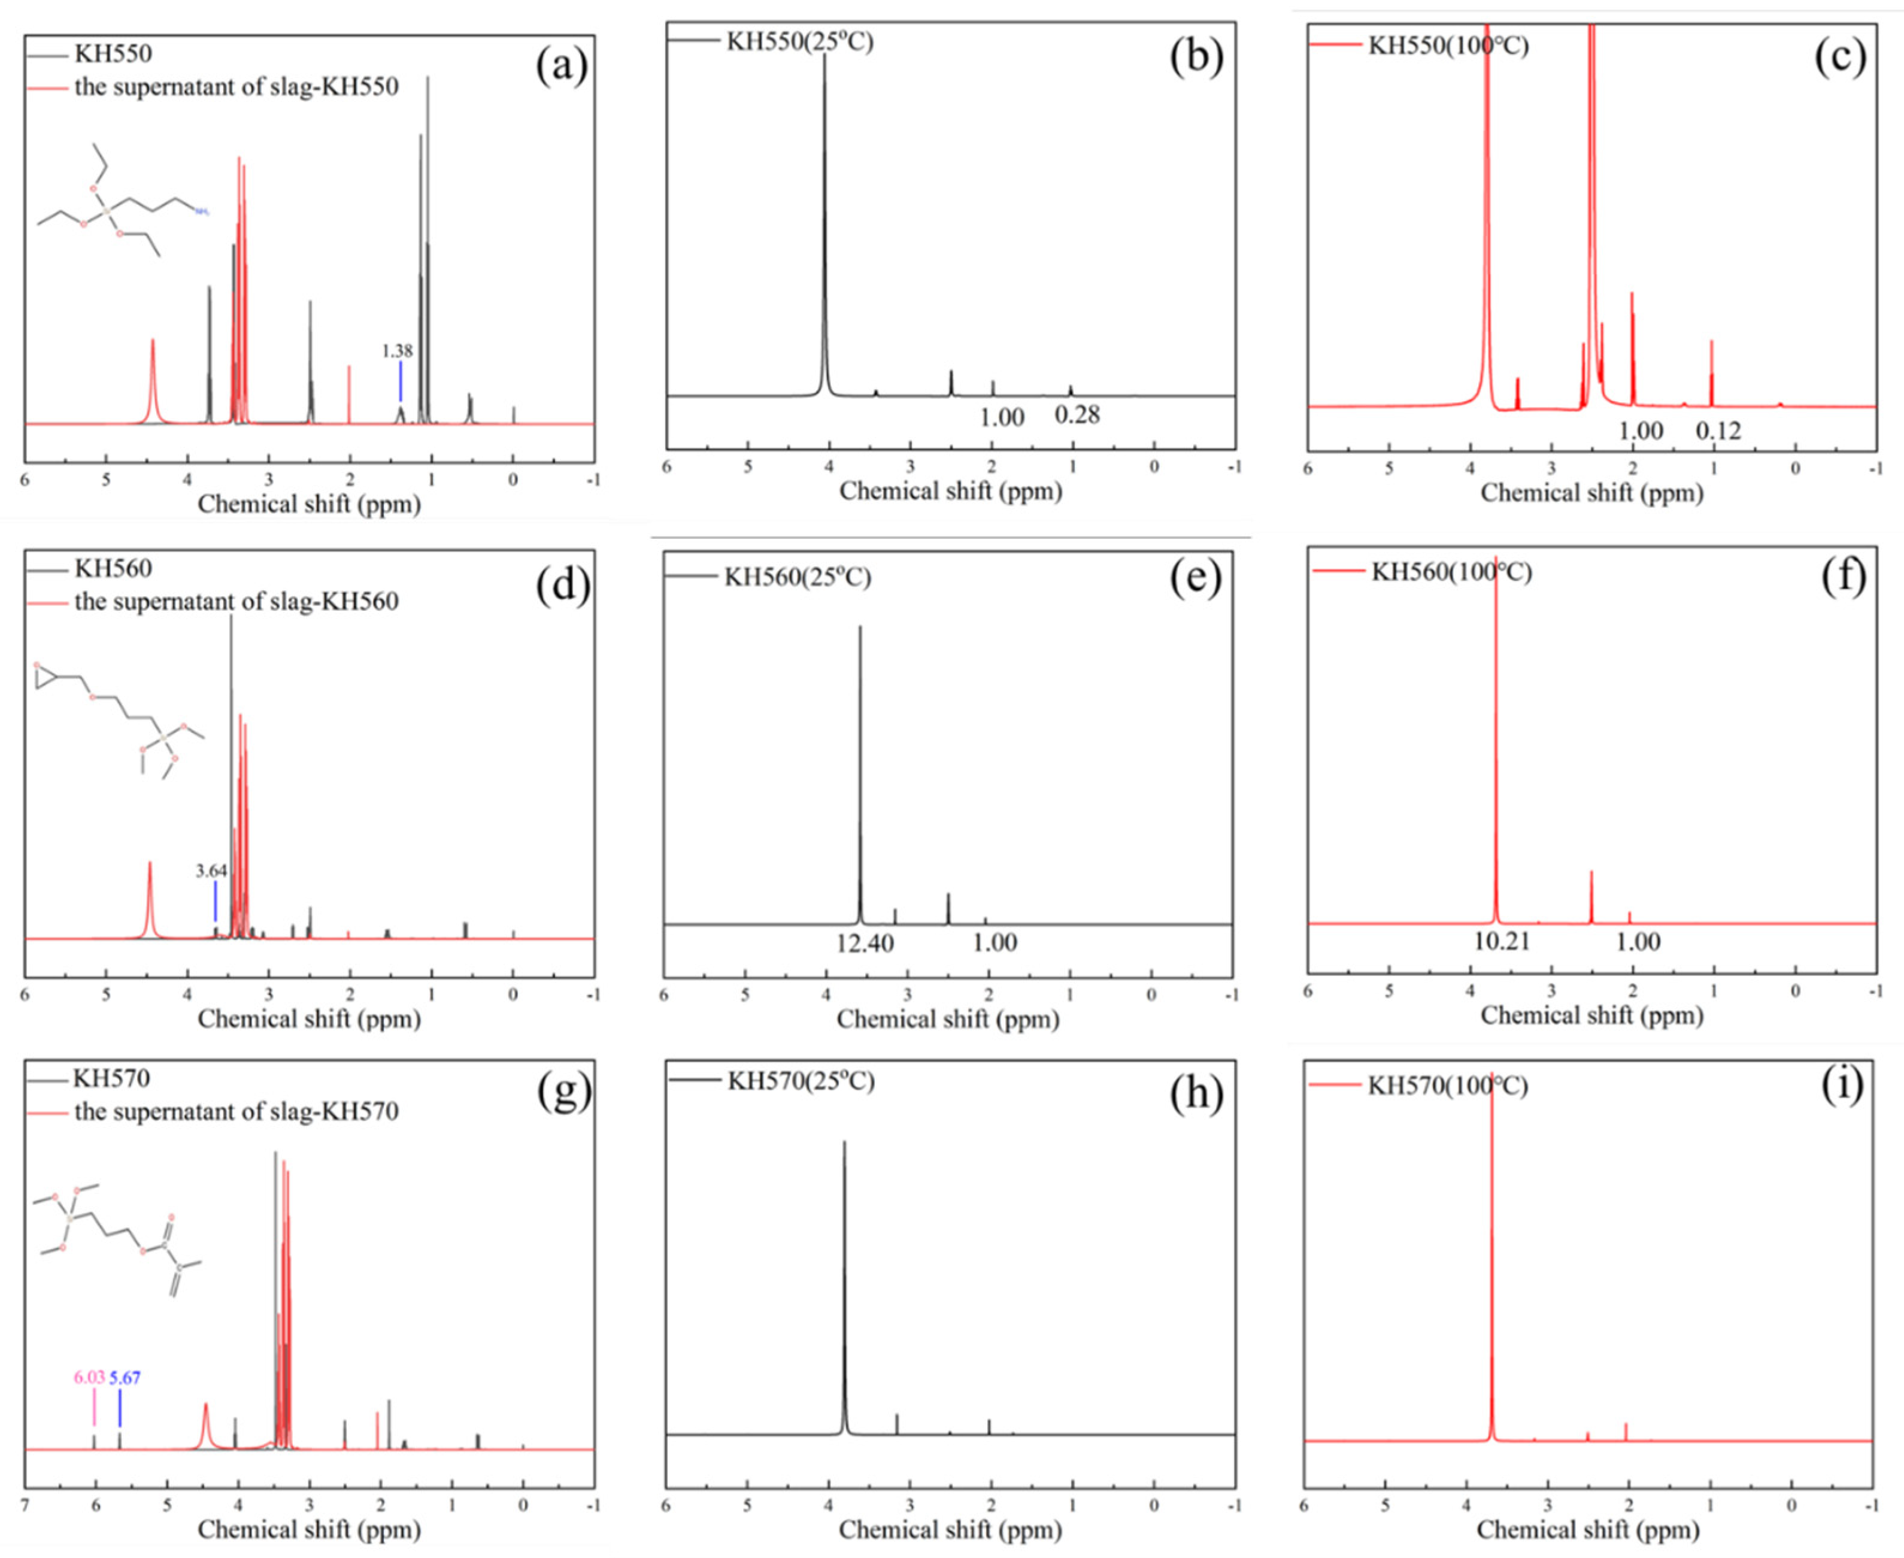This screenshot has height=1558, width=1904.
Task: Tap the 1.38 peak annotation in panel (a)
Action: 398,351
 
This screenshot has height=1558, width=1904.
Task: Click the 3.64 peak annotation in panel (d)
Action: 212,871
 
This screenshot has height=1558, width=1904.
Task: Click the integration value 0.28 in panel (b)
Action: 1077,414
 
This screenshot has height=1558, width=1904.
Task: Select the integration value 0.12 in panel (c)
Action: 1718,431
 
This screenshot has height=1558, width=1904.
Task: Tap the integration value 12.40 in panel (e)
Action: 865,943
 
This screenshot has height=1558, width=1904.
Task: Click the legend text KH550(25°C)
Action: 799,41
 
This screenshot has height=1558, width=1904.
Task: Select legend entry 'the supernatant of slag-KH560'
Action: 236,601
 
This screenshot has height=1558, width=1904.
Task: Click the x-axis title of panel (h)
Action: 950,1529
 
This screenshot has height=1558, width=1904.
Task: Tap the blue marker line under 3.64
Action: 216,900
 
